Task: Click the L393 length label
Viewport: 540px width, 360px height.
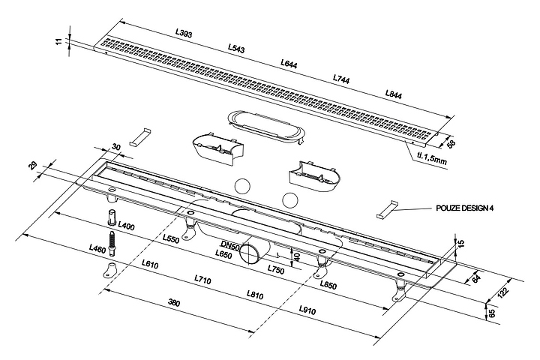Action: click(x=183, y=33)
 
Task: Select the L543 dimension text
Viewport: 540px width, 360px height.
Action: click(x=236, y=49)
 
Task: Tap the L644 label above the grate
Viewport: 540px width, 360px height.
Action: click(x=289, y=64)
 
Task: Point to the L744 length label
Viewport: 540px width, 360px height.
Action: click(x=342, y=79)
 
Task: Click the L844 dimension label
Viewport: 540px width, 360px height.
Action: click(x=394, y=94)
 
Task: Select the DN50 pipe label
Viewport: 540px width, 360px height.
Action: click(x=229, y=245)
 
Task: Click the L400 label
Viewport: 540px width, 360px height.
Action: click(x=126, y=226)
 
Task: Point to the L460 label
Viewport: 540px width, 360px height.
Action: click(x=97, y=248)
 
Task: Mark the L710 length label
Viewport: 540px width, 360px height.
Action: click(x=202, y=279)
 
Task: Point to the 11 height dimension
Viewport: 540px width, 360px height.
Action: click(x=59, y=41)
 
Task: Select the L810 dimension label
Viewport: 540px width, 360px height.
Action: click(x=255, y=295)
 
